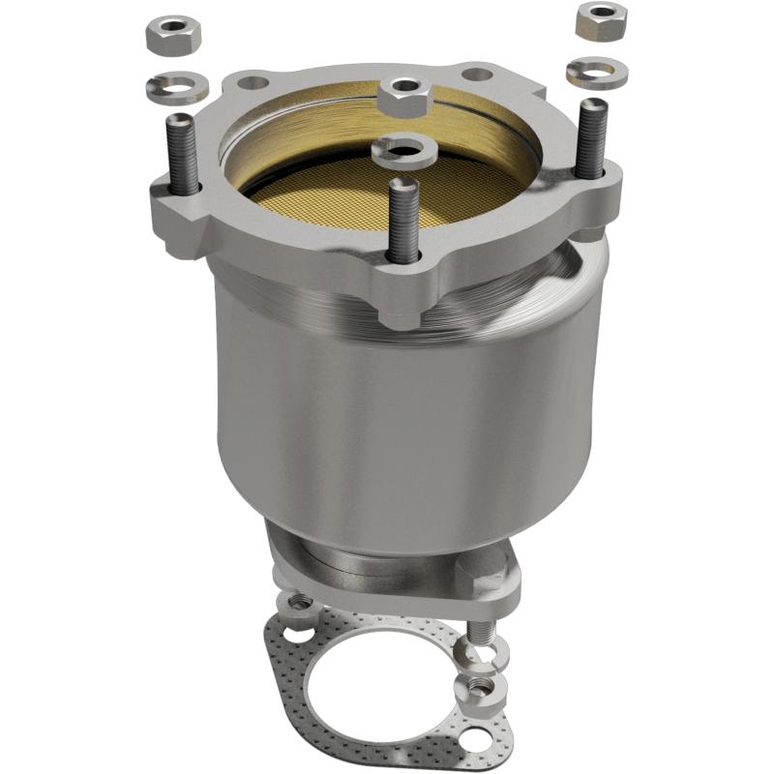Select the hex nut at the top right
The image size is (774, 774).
600,20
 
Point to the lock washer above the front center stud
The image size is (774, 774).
402,149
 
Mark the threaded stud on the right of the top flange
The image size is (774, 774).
591,139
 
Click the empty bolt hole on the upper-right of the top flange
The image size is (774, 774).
476,74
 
